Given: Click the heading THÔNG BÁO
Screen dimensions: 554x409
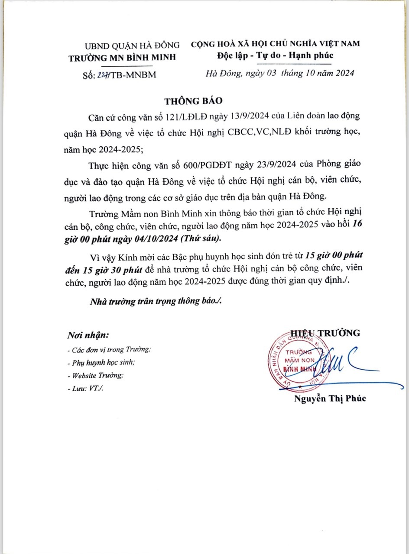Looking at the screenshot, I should tap(193, 101).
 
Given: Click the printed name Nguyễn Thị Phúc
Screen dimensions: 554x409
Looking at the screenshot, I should tap(330, 399).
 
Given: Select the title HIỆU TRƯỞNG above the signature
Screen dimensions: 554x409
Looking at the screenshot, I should tap(325, 333).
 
